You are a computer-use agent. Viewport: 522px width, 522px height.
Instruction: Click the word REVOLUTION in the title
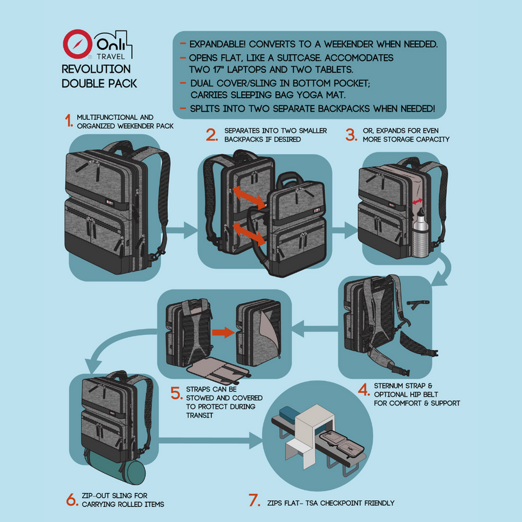tap(96, 69)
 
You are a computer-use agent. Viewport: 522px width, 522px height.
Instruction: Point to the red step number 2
tap(211, 135)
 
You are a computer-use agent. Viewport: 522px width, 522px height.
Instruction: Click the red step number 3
tap(350, 135)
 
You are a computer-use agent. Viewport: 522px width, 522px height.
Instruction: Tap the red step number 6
tap(71, 499)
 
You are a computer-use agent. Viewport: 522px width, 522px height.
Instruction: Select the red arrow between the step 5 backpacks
tap(222, 332)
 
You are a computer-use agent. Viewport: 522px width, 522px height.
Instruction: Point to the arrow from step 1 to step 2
tap(182, 231)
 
